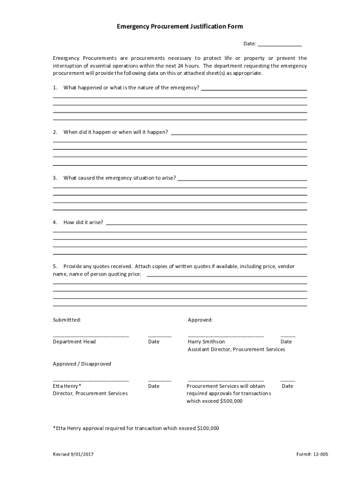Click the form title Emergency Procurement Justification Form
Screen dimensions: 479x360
(x=180, y=27)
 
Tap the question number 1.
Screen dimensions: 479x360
(x=55, y=87)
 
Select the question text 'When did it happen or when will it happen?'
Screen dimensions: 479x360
(x=115, y=132)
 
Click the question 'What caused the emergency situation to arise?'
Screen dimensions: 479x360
(x=120, y=178)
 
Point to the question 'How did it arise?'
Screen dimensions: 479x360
(x=83, y=222)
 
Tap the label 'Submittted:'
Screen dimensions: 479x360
(x=67, y=320)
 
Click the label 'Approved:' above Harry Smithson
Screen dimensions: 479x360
(x=200, y=320)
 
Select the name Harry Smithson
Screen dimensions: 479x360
(x=206, y=342)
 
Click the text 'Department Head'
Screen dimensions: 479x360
(x=74, y=342)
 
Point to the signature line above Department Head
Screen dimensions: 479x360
(x=91, y=336)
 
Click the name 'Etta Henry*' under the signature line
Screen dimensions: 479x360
(x=67, y=386)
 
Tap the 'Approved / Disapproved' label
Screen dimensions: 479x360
(x=82, y=364)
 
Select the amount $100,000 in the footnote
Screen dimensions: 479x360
(x=208, y=428)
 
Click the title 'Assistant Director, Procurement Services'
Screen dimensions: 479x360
(x=236, y=349)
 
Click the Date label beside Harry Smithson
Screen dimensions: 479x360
(x=286, y=342)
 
